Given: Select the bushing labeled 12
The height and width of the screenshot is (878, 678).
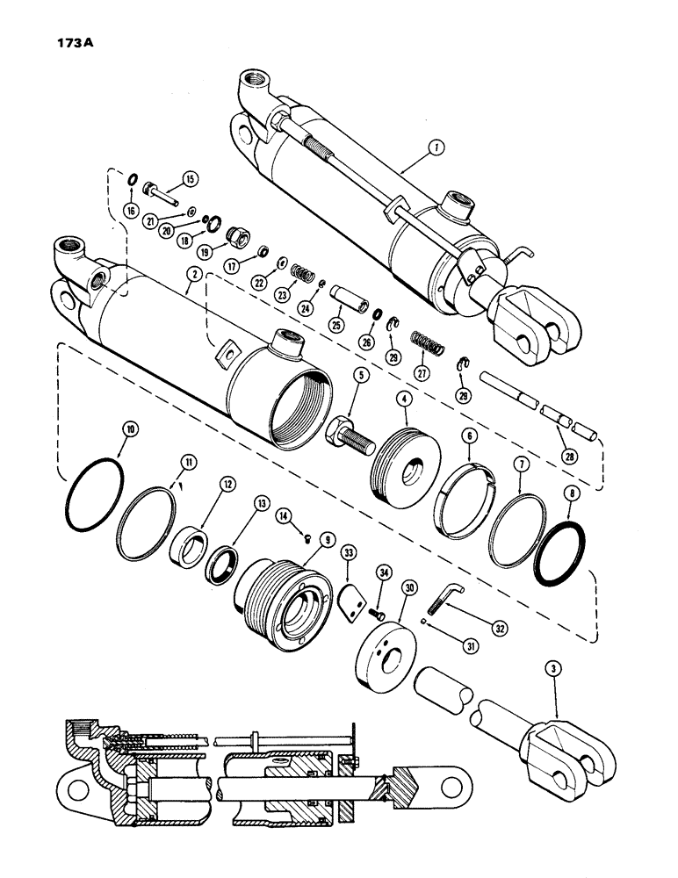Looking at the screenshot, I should pos(190,558).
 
